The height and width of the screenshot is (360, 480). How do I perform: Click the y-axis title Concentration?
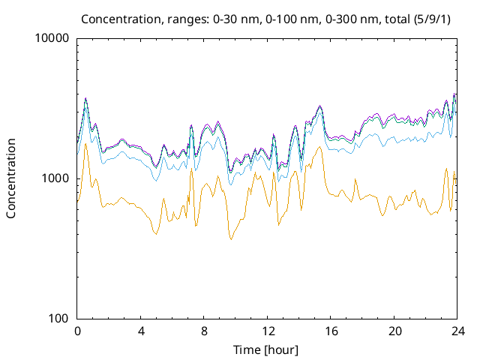(x=11, y=178)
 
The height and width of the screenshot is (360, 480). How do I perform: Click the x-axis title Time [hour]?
(x=266, y=349)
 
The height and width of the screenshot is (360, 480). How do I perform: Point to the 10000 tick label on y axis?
(x=53, y=39)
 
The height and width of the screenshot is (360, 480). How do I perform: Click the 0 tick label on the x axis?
(x=77, y=331)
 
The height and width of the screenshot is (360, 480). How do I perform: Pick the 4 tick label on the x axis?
(x=141, y=331)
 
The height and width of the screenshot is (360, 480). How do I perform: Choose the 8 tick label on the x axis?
(x=204, y=331)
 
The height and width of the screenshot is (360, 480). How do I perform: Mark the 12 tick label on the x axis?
(x=268, y=331)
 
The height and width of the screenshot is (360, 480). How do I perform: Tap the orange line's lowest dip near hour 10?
(x=231, y=239)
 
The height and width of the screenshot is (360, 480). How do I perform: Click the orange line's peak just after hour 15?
(x=321, y=147)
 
